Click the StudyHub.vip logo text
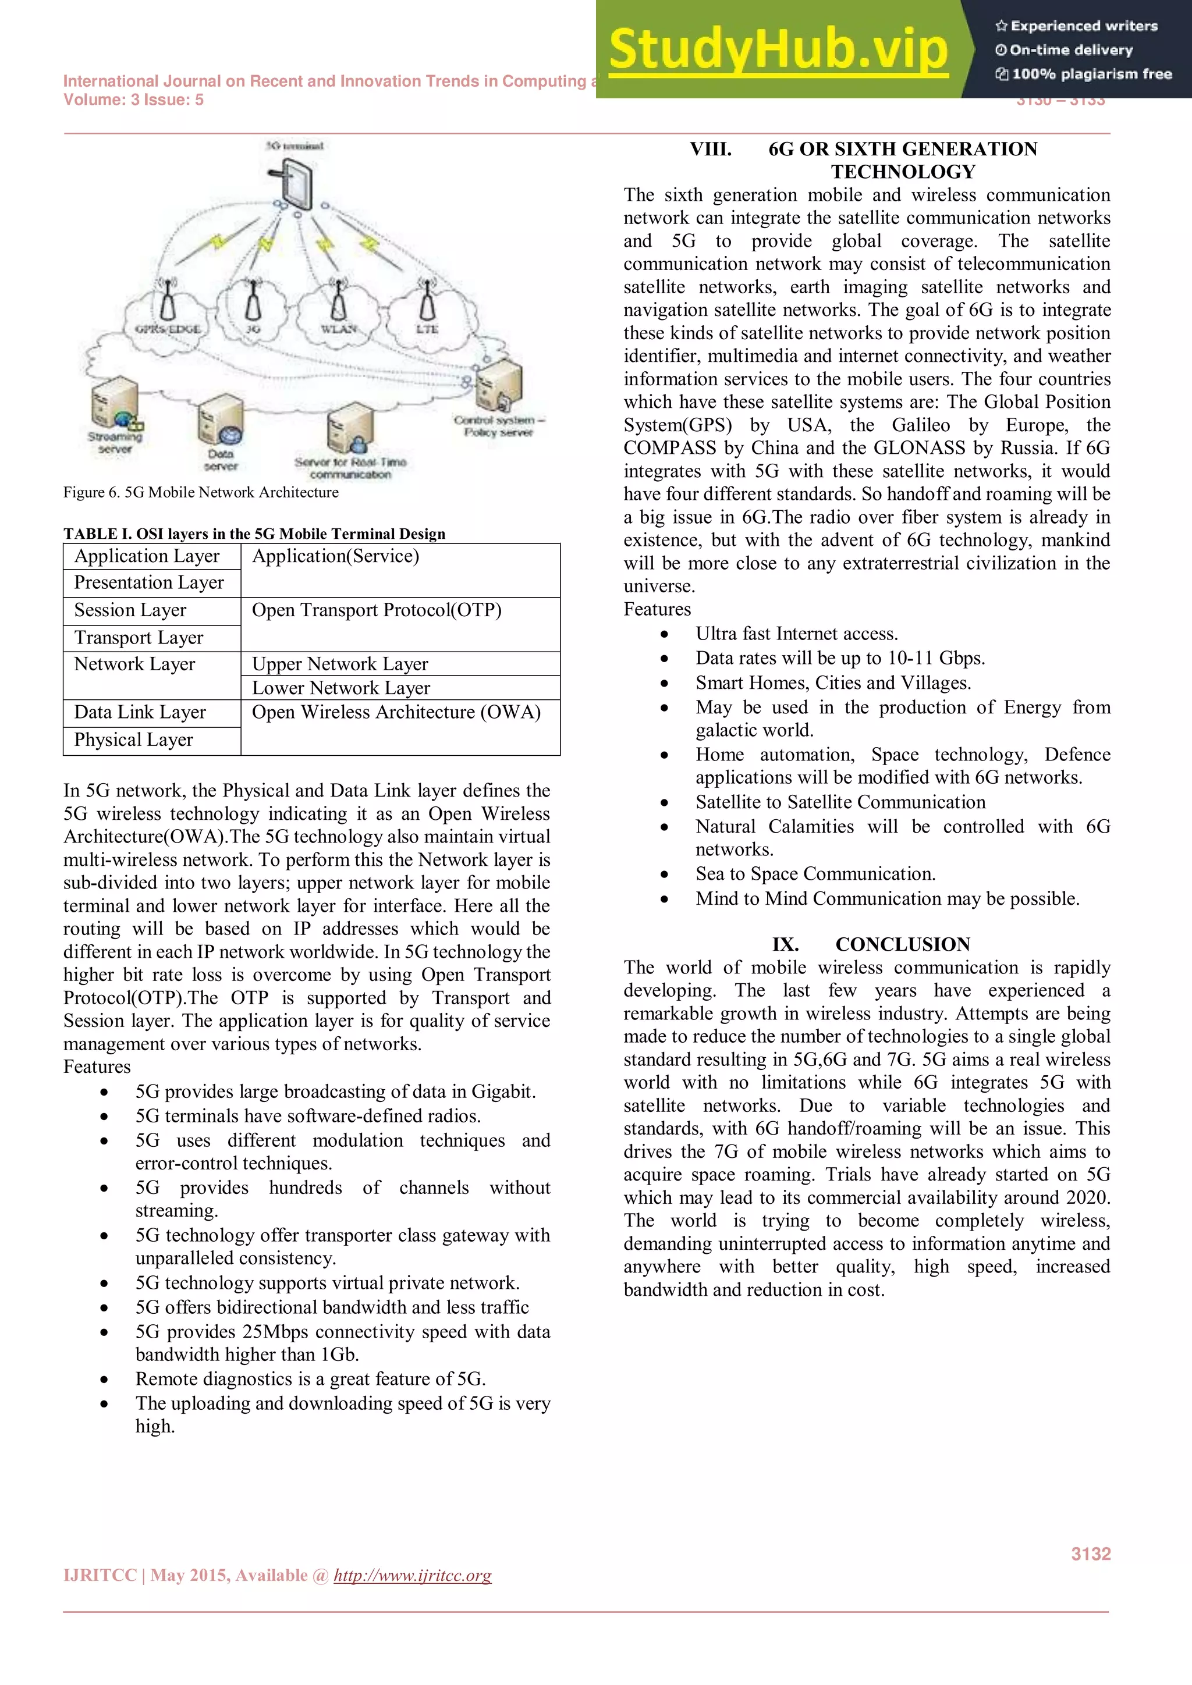pos(778,50)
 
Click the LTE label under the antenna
pos(427,329)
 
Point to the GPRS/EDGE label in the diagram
pos(168,329)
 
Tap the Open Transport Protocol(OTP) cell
pos(377,610)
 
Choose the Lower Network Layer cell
pos(341,688)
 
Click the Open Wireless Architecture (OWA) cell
pos(396,713)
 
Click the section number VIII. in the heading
pos(711,149)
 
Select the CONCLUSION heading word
pos(903,944)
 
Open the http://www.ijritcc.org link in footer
pos(413,1576)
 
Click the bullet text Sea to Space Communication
pos(815,874)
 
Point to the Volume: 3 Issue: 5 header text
pos(134,101)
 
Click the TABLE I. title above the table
pos(254,534)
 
